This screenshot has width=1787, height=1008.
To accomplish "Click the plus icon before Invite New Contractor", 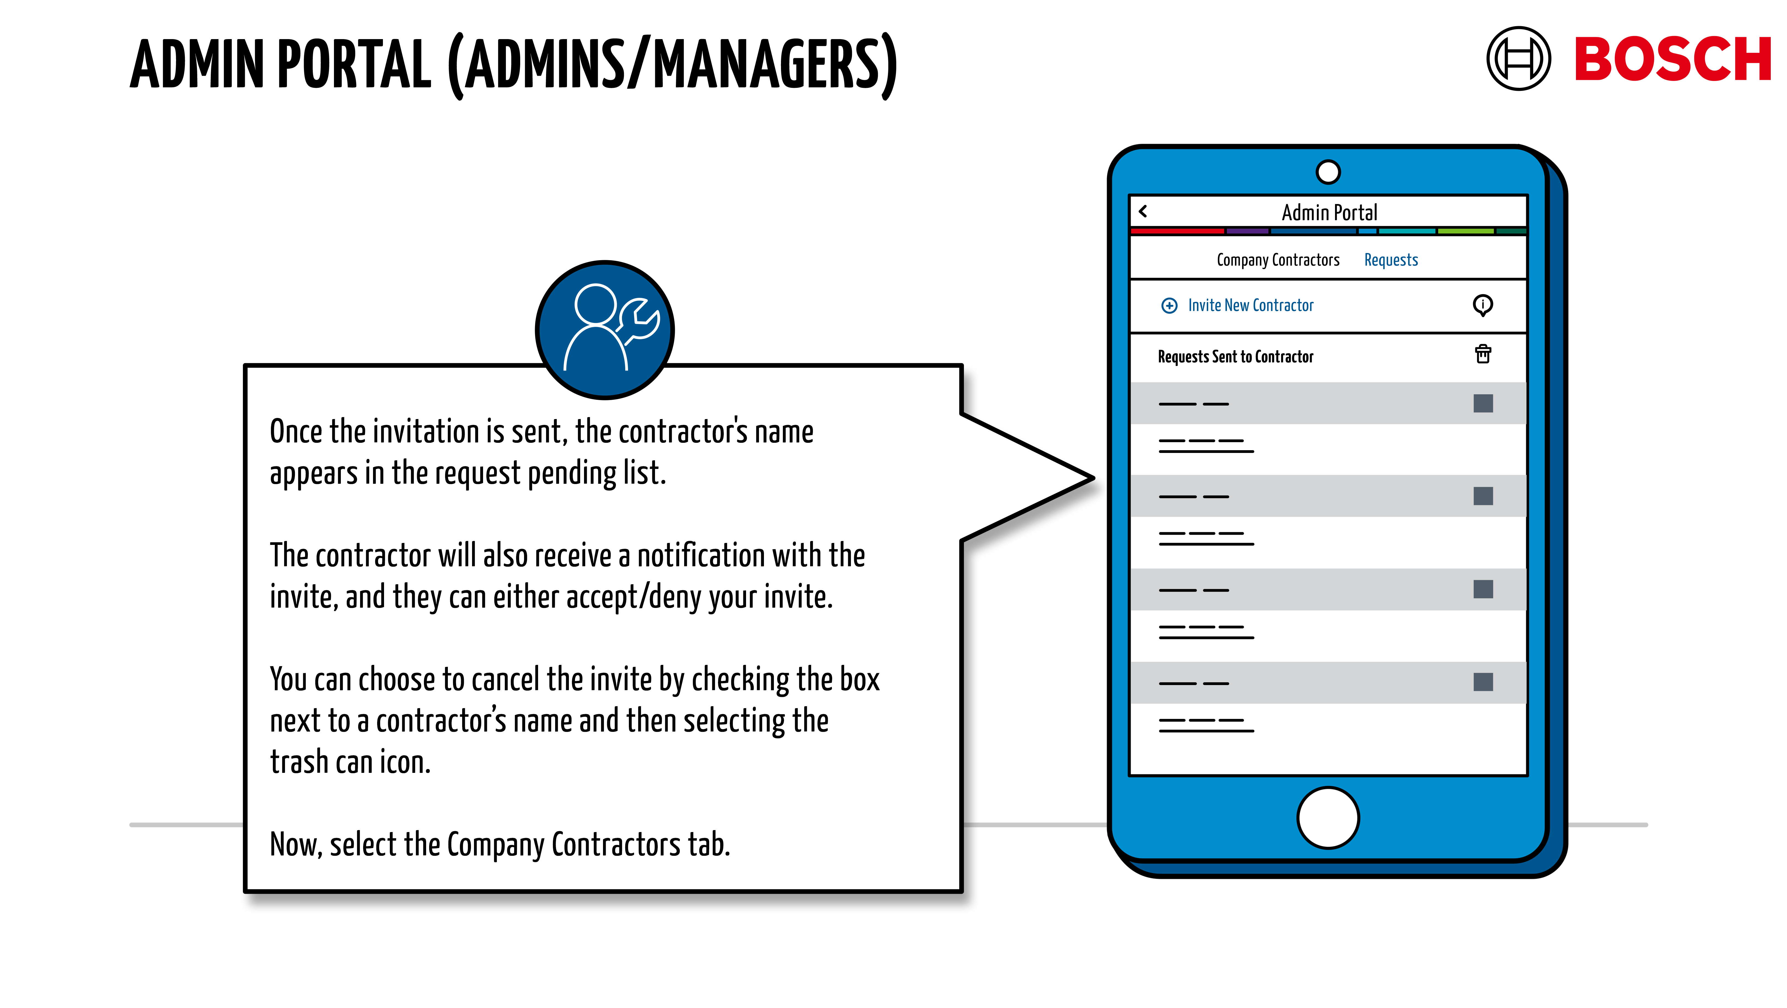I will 1169,305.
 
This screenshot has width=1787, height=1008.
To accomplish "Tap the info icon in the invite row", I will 1482,305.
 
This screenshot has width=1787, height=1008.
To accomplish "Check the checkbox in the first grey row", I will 1482,403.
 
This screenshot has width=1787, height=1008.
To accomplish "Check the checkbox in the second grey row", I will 1482,496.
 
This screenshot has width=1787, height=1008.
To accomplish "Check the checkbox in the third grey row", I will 1482,589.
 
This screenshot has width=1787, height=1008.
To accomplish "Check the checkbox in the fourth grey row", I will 1482,682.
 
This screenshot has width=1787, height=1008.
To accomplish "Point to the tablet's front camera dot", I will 1328,172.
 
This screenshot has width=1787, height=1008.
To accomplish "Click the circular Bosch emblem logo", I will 1518,59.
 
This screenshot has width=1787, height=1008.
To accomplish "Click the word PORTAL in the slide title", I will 354,64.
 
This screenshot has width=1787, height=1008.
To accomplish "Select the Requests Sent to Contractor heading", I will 1235,357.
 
